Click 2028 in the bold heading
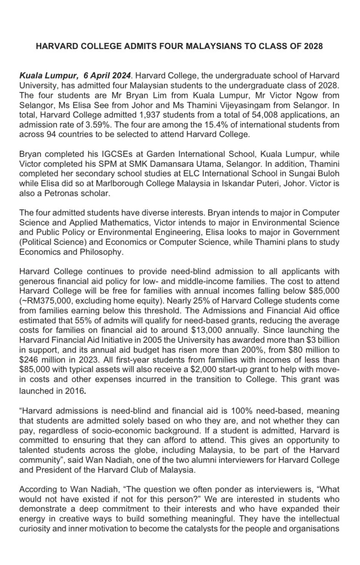(313, 46)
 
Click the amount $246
(29, 359)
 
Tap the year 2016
(74, 391)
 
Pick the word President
(53, 470)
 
